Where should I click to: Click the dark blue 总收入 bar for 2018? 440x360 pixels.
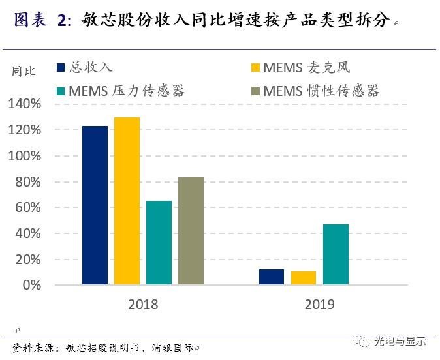[95, 205]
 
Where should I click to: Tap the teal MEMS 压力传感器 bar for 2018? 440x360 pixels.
[159, 243]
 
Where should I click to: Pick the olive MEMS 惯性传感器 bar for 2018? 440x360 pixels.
[191, 231]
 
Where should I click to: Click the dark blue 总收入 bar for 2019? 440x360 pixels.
[272, 277]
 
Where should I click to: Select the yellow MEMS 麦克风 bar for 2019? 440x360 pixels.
[304, 278]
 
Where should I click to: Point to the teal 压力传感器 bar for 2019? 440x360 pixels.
[336, 254]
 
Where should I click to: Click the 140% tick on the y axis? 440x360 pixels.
[25, 104]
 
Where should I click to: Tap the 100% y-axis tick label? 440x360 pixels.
[25, 156]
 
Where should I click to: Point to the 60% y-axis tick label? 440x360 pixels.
[28, 207]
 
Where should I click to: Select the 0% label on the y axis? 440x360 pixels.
[31, 285]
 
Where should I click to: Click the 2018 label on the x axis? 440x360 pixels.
[143, 305]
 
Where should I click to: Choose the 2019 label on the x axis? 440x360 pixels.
[319, 305]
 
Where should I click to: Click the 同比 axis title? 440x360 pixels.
[24, 71]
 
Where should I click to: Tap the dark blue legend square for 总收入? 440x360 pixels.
[61, 67]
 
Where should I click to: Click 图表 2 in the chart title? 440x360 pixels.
[40, 20]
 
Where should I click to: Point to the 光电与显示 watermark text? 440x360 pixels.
[399, 341]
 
